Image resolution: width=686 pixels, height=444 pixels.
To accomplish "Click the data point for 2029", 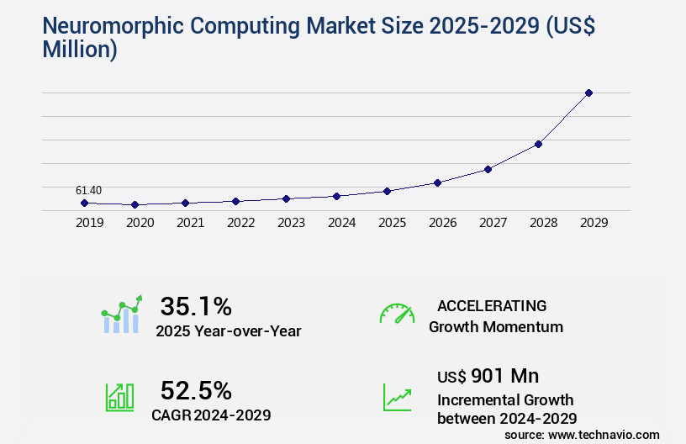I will tap(588, 92).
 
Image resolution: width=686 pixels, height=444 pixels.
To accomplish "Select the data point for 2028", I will tap(538, 144).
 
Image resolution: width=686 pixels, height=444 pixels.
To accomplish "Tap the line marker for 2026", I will tap(437, 182).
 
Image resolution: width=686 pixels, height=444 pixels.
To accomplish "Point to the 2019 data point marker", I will tap(84, 203).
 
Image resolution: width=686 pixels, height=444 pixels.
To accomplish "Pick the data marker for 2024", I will tap(336, 196).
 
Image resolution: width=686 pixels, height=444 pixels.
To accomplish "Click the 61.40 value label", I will tap(88, 191).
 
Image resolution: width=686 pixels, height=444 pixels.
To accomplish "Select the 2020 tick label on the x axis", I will tap(140, 223).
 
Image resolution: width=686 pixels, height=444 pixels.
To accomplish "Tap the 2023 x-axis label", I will tap(291, 223).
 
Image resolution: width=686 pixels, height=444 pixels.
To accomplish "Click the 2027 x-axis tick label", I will tap(493, 223).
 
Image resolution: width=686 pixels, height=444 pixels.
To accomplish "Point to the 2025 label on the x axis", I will tap(392, 223).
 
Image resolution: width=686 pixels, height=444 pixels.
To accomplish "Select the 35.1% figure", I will tap(196, 306).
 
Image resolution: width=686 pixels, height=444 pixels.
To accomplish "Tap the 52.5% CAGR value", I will tap(196, 390).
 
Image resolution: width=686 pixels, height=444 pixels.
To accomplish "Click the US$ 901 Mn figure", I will tap(488, 375).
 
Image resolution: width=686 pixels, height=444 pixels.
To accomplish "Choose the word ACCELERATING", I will tap(492, 305).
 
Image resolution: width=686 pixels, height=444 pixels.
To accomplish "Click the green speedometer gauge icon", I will tap(397, 314).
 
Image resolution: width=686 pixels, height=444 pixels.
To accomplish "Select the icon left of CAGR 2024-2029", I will tap(119, 397).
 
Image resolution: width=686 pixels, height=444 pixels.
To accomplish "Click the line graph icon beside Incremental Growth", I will tap(397, 397).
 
